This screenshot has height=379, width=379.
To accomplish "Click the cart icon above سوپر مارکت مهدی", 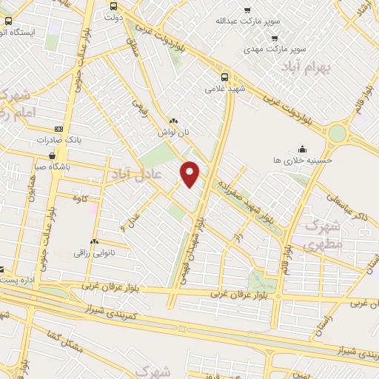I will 275,38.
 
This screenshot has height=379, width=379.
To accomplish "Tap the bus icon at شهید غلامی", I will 225,76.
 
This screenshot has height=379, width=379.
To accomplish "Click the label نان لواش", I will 173,133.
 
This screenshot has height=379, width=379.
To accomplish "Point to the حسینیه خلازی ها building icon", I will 301,148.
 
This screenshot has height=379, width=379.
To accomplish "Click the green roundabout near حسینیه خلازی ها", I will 338,134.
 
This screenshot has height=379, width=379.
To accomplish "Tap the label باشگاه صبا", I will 51,167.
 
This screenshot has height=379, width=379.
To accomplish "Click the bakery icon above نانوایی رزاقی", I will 94,242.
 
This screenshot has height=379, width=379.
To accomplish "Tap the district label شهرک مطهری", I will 323,234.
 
